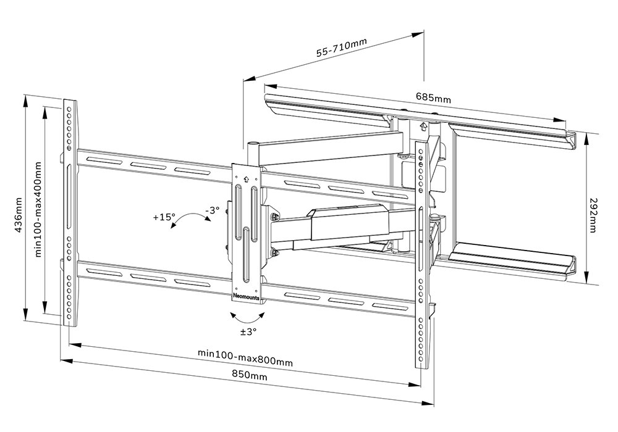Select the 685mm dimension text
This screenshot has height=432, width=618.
tap(433, 98)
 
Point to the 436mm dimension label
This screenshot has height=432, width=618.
tap(18, 215)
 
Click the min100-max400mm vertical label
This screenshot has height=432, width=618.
tap(38, 209)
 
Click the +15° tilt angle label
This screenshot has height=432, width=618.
tap(164, 217)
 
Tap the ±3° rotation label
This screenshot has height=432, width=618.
tap(248, 331)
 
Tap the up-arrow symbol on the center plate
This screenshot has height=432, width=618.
tap(246, 180)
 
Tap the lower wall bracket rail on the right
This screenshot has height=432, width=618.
tap(513, 260)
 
